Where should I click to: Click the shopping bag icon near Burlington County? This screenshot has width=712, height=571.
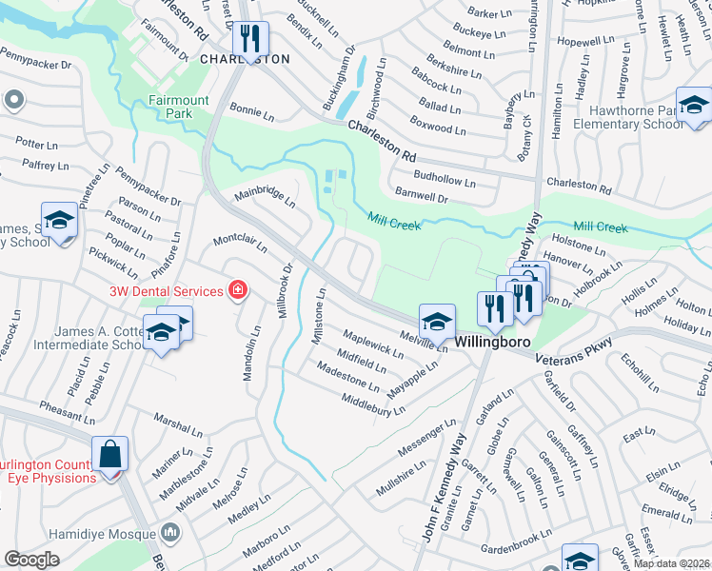click(110, 454)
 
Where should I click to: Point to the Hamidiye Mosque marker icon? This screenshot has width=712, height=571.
click(171, 531)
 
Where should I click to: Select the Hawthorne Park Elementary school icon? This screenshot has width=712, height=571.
click(694, 105)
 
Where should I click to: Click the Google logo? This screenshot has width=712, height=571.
click(31, 560)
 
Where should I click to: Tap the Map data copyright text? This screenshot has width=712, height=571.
click(671, 563)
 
